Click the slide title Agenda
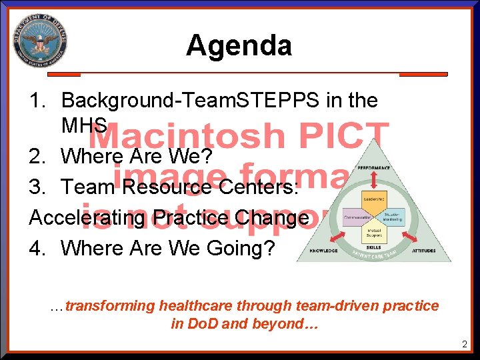pyautogui.click(x=239, y=45)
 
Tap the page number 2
pyautogui.click(x=464, y=345)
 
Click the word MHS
pyautogui.click(x=84, y=125)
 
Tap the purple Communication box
pyautogui.click(x=357, y=217)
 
